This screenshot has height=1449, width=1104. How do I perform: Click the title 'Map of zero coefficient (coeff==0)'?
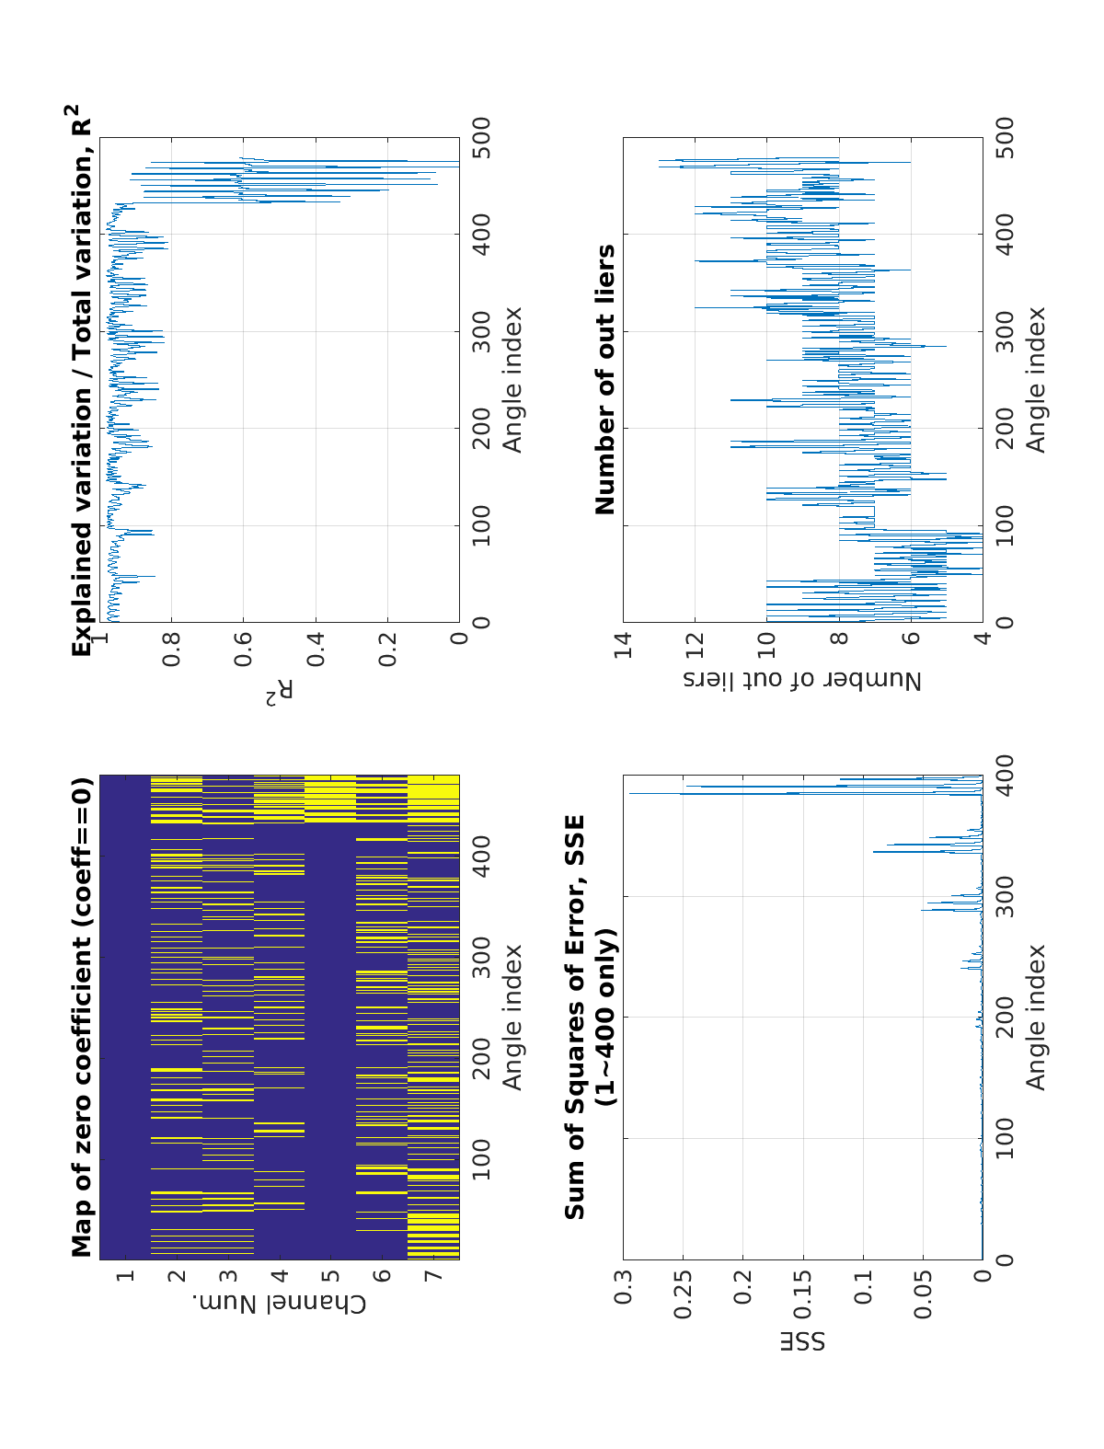(x=83, y=1018)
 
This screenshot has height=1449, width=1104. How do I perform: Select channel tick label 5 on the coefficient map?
(x=331, y=1275)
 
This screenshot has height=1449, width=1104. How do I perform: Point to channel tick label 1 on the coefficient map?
(x=126, y=1275)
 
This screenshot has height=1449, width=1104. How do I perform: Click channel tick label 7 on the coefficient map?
(x=434, y=1275)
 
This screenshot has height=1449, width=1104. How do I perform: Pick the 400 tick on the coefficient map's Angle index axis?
(x=481, y=857)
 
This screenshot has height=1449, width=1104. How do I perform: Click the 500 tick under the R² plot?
(x=481, y=138)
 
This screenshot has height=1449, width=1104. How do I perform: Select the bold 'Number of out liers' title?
(x=605, y=379)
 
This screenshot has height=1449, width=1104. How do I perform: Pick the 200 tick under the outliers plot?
(x=1005, y=428)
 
